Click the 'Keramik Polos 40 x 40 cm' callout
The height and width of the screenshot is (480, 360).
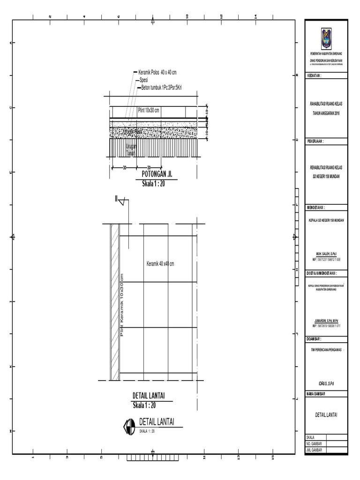tap(157, 73)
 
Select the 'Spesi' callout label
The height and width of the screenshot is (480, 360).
tap(144, 80)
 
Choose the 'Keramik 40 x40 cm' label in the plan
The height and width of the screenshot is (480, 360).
tap(160, 264)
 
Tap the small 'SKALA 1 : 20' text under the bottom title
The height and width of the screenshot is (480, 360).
tap(147, 431)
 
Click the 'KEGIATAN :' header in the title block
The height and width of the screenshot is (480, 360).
tap(315, 75)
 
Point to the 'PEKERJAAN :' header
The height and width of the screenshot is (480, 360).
tap(315, 141)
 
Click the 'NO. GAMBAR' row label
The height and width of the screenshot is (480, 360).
tap(315, 443)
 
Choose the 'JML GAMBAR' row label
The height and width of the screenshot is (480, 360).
tap(315, 449)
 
